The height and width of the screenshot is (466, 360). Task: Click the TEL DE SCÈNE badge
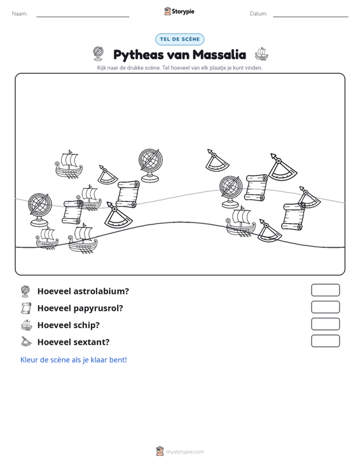pos(179,39)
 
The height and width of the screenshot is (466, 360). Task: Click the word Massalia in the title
pos(219,55)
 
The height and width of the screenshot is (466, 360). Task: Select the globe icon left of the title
pos(98,54)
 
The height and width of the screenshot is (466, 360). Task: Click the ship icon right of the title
pos(261,53)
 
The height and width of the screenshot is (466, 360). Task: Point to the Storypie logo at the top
pos(179,11)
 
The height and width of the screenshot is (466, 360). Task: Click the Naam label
pos(20,14)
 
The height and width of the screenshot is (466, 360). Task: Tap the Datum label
pos(258,14)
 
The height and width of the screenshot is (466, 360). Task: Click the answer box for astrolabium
pos(325,290)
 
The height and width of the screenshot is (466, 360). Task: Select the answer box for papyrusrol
pos(325,307)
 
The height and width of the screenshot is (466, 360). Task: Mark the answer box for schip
pos(325,324)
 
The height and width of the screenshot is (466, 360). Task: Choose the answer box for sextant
pos(325,341)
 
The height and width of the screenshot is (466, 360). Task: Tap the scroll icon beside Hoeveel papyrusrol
pos(26,308)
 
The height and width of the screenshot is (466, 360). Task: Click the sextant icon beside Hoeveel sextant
pos(26,342)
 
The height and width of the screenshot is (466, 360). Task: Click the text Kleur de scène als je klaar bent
pos(73,360)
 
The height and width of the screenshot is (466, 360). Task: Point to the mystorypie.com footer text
pos(184,452)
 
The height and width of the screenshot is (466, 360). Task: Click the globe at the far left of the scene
pos(40,210)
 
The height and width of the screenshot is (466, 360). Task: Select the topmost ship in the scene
pos(69,165)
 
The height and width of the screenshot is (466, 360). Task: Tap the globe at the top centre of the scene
pos(150,165)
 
